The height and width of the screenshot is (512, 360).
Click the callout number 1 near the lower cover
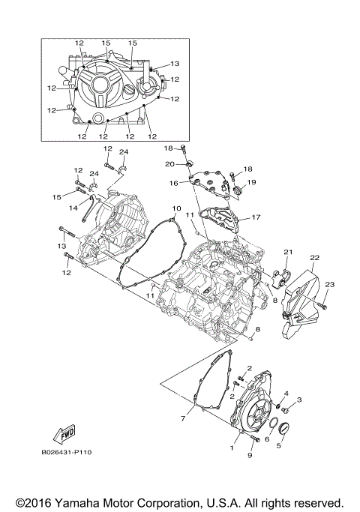point(232,447)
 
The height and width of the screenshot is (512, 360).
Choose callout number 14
point(74,208)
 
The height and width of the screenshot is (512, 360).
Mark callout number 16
point(172,183)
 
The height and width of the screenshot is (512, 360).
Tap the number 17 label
point(256,218)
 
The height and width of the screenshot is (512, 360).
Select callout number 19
point(252,182)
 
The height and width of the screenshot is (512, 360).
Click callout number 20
point(170,164)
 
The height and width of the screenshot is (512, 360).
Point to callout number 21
point(286,251)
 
